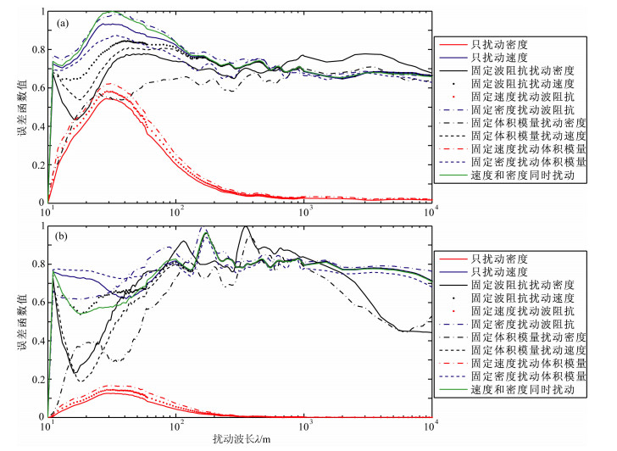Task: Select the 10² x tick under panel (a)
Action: [x=176, y=213]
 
